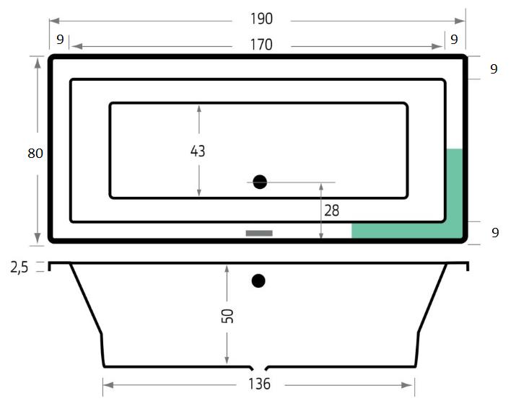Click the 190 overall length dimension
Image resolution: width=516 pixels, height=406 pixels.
[x=262, y=19]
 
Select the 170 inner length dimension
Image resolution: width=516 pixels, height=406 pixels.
[x=262, y=45]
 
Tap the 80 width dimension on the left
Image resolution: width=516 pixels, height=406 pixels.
[x=35, y=153]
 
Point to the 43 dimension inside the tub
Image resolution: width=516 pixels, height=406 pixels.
[x=198, y=151]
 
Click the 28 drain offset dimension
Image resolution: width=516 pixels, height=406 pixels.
[x=331, y=211]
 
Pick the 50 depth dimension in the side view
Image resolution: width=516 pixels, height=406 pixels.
[x=227, y=316]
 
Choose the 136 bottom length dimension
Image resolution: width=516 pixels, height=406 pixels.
[x=260, y=384]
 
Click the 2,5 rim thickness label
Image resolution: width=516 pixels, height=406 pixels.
[x=19, y=268]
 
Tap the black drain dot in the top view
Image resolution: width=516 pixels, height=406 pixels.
[x=260, y=182]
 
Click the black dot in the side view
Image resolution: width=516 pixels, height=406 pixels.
[x=258, y=281]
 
